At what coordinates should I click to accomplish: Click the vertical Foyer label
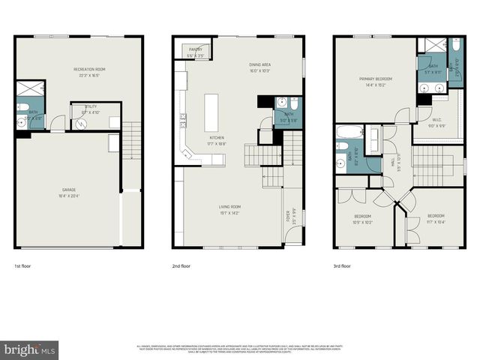point(287,217)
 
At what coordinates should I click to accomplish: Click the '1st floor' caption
point(23,265)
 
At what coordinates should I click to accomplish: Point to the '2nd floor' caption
point(182,265)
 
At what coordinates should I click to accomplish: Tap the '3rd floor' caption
point(342,265)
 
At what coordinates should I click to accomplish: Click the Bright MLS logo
point(30,350)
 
